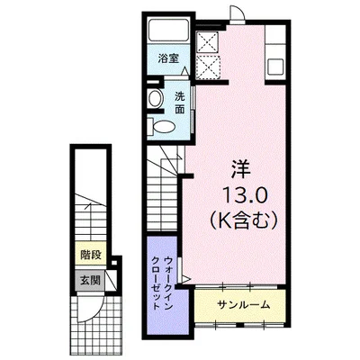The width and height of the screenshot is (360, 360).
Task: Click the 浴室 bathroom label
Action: (x=168, y=58)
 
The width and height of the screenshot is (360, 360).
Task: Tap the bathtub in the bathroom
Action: (x=168, y=30)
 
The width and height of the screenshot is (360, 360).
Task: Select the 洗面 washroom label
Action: (x=180, y=103)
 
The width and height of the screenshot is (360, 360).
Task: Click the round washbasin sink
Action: (x=156, y=98)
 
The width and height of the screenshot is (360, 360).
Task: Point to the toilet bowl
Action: (x=161, y=126)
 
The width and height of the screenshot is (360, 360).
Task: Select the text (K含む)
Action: (x=243, y=221)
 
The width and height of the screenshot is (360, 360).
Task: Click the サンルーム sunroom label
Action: (x=243, y=305)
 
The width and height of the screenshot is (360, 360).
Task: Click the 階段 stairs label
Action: (x=91, y=256)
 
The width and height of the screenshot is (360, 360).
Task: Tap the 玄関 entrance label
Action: (x=90, y=281)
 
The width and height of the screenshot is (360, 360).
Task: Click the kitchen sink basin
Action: (x=275, y=67)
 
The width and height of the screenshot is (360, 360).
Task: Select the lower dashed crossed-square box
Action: (x=208, y=67)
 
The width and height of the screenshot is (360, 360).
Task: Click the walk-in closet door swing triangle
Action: (x=184, y=279)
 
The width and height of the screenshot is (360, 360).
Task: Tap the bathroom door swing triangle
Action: (x=185, y=72)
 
